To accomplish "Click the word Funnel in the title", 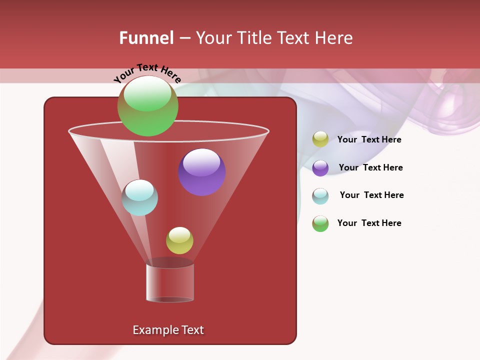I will click(146, 38).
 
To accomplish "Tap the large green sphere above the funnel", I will click(147, 106).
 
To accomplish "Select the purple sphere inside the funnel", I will click(202, 172).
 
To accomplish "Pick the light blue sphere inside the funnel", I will click(139, 197).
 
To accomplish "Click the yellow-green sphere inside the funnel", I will click(179, 240).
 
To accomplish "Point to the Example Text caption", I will click(168, 330).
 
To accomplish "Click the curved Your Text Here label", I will click(147, 72).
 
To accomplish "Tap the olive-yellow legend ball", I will click(320, 139).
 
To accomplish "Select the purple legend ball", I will click(320, 168).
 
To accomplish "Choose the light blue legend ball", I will click(320, 196).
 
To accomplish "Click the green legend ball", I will click(320, 223).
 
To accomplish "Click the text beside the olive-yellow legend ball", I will click(369, 140).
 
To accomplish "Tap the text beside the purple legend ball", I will click(370, 168).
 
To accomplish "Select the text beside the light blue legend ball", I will click(371, 195).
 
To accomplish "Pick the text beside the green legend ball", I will click(369, 223).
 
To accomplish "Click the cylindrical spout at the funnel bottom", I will click(170, 282).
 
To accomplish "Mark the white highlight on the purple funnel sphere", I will click(202, 162).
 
